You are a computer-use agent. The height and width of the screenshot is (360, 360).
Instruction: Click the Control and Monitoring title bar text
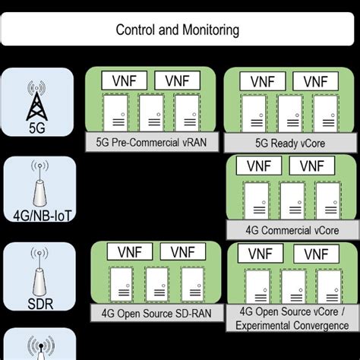pyautogui.click(x=178, y=30)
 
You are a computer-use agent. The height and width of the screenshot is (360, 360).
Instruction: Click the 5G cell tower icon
pyautogui.click(x=37, y=97)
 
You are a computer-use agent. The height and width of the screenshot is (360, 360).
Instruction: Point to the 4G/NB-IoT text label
pyautogui.click(x=37, y=216)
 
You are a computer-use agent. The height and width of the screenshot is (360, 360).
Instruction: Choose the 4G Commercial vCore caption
pyautogui.click(x=292, y=229)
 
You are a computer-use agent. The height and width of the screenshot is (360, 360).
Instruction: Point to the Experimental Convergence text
pyautogui.click(x=292, y=325)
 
